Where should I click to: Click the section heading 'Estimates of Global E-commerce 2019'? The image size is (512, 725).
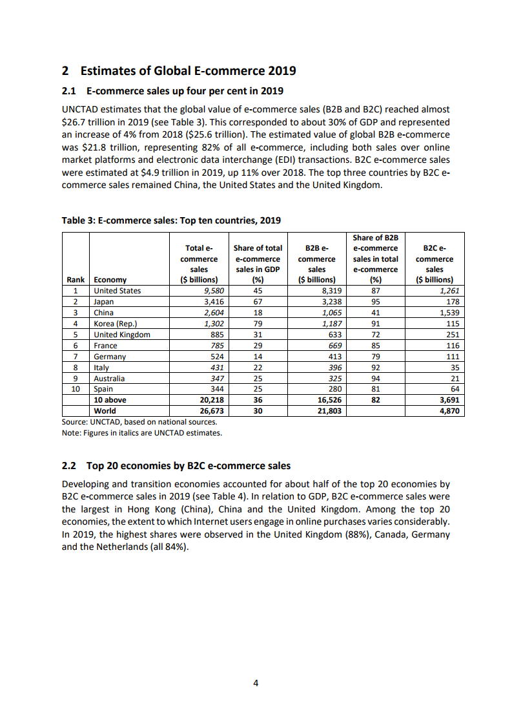tap(187, 70)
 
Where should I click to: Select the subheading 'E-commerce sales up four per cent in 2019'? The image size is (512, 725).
tap(185, 90)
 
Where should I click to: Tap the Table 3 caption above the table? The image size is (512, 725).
tap(171, 220)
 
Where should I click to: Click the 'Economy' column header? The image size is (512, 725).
tap(110, 280)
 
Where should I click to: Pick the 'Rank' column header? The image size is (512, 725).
tap(76, 280)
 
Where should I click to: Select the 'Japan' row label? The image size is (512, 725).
tap(104, 302)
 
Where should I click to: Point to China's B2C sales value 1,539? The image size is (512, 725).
tap(447, 313)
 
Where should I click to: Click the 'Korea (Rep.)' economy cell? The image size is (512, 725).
tap(116, 324)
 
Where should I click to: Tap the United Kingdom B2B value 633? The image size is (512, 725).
tap(334, 335)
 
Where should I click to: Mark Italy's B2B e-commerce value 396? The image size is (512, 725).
tap(334, 368)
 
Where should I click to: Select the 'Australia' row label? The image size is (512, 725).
tap(110, 379)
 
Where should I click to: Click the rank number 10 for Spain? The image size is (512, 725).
tap(76, 389)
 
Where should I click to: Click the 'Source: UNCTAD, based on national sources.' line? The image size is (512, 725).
tap(139, 421)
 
